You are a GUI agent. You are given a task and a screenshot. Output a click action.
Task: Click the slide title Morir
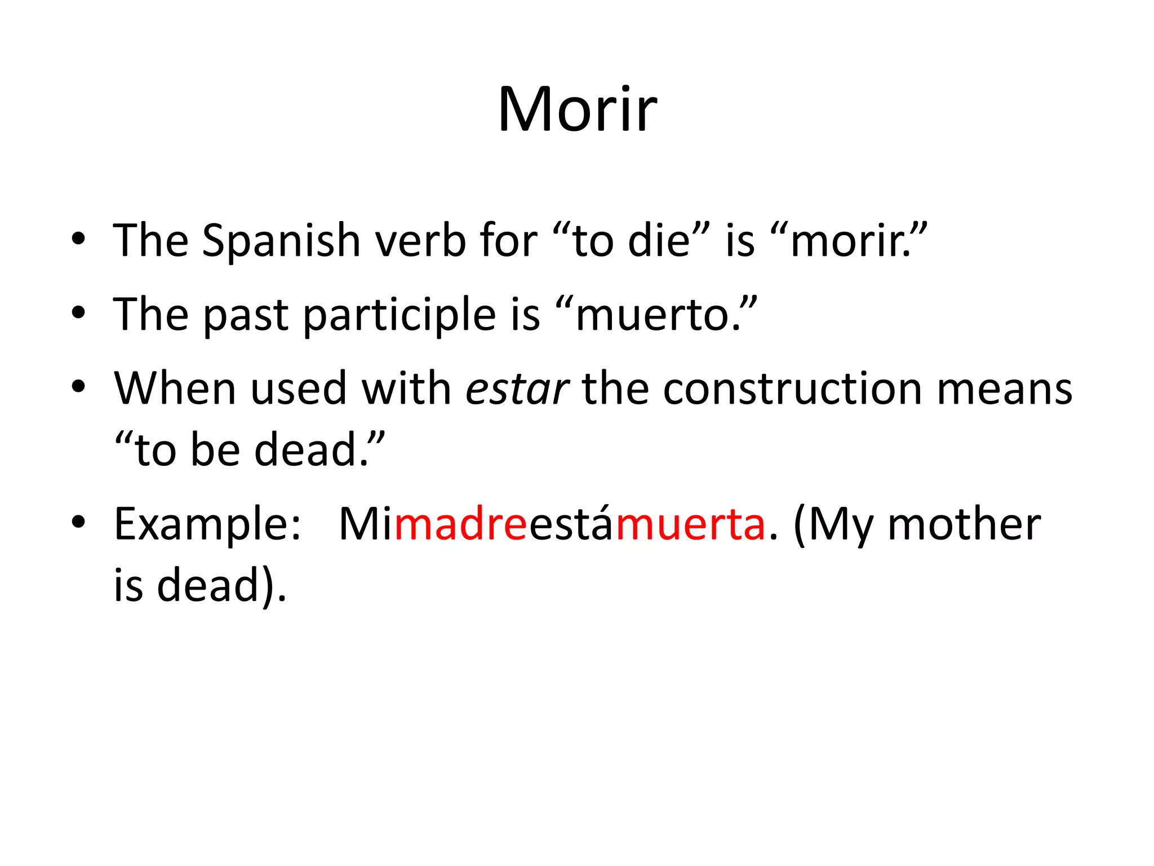577,110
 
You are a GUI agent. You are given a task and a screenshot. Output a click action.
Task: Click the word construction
792,389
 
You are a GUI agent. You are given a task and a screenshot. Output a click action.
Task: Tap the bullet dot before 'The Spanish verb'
78,239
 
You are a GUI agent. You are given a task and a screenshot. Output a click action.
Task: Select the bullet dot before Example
78,522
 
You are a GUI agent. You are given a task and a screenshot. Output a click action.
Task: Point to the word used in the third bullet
298,389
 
